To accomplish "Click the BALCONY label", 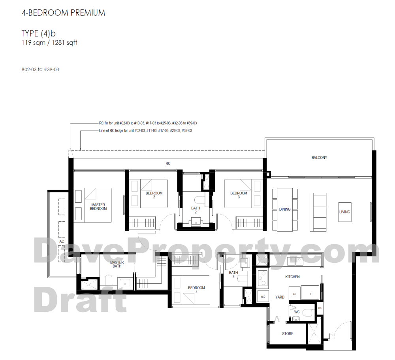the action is pos(319,158).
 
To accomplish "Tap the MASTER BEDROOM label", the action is pos(98,207).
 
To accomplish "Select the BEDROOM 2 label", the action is pos(154,195).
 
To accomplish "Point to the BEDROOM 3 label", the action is pos(239,195).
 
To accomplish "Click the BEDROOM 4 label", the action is pos(196,290).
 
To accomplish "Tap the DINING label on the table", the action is pos(285,209).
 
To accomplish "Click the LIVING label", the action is pos(344,212).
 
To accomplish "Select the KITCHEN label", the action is pos(292,277).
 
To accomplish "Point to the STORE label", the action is pos(288,334).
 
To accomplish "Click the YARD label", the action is pos(280,297).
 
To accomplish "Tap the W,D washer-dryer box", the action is pos(263,297).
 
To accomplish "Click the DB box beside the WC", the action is pos(320,309).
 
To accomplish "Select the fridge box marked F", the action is pos(311,294).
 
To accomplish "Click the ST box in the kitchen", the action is pos(295,294).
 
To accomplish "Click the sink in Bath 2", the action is pos(196,222).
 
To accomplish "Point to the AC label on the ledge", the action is pos(62,241).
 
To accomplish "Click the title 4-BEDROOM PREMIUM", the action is pos(63,13).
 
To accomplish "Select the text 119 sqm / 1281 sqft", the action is pos(49,43).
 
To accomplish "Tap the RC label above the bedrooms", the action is pos(168,164).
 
